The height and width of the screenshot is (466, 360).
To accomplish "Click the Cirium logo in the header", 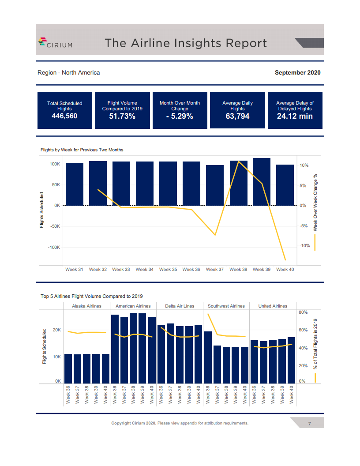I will pos(56,42).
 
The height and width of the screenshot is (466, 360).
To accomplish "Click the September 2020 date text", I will pos(297,72).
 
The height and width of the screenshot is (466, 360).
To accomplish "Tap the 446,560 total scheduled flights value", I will pos(64,116).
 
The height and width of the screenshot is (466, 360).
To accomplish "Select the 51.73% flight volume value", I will pos(122,116).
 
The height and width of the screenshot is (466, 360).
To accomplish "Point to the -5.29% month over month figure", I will pos(180,116).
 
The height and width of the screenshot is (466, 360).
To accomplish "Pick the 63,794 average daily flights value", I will pos(237,116).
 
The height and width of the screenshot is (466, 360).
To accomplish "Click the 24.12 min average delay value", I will pos(295,116).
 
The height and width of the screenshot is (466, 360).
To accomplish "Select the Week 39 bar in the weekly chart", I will pos(262,182).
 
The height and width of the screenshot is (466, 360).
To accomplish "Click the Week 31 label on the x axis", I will pos(74,269).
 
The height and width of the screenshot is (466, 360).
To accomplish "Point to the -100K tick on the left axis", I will pos(54,248).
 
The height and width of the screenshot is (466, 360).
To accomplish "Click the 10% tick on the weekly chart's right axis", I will pos(304,165).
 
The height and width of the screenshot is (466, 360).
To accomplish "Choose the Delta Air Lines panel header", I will pos(180,306).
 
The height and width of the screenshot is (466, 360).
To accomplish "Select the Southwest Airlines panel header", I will pos(226,306).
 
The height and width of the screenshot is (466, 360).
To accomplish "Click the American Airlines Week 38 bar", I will pos(133,348).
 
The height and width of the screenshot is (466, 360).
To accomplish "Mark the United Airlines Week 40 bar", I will pos(291,360).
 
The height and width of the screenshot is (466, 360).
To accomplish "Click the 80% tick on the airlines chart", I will pos(303,312).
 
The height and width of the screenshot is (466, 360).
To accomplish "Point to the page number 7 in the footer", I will pos(309,424).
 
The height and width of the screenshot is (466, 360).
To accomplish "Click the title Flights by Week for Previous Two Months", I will pos(82,150).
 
